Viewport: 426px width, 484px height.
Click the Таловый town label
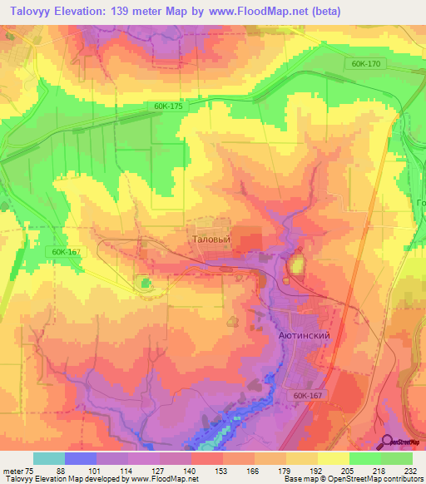coord(211,238)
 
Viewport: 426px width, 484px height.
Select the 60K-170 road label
coord(365,63)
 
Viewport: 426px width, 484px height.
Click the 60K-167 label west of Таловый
coord(65,252)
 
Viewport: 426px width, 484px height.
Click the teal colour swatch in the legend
coord(49,458)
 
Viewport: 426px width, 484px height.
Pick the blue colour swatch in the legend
coord(81,458)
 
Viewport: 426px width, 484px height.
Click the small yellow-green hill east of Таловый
coord(295,266)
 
